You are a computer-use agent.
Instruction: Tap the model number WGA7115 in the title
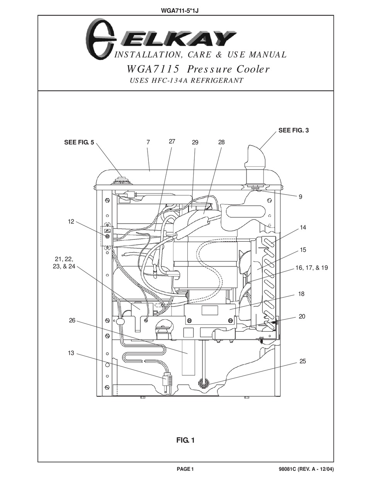pos(153,69)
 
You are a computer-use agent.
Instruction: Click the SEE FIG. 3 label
pos(293,131)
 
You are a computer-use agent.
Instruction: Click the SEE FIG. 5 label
pos(79,142)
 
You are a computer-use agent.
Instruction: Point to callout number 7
pos(148,142)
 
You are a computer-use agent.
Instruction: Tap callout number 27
pos(172,141)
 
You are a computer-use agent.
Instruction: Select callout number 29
pos(195,142)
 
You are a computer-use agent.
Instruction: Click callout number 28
pos(221,142)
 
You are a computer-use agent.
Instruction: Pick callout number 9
pos(300,197)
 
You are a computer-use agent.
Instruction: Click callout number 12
pos(71,222)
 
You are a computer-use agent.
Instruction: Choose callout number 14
pos(302,227)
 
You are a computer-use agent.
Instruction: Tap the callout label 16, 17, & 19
pos(311,268)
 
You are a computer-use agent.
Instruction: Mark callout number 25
pos(302,361)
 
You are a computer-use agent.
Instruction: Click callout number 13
pos(71,353)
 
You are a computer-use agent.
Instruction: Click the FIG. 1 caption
pos(185,440)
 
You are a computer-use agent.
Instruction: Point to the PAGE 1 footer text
pos(185,469)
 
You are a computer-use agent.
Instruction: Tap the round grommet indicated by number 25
pos(203,383)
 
